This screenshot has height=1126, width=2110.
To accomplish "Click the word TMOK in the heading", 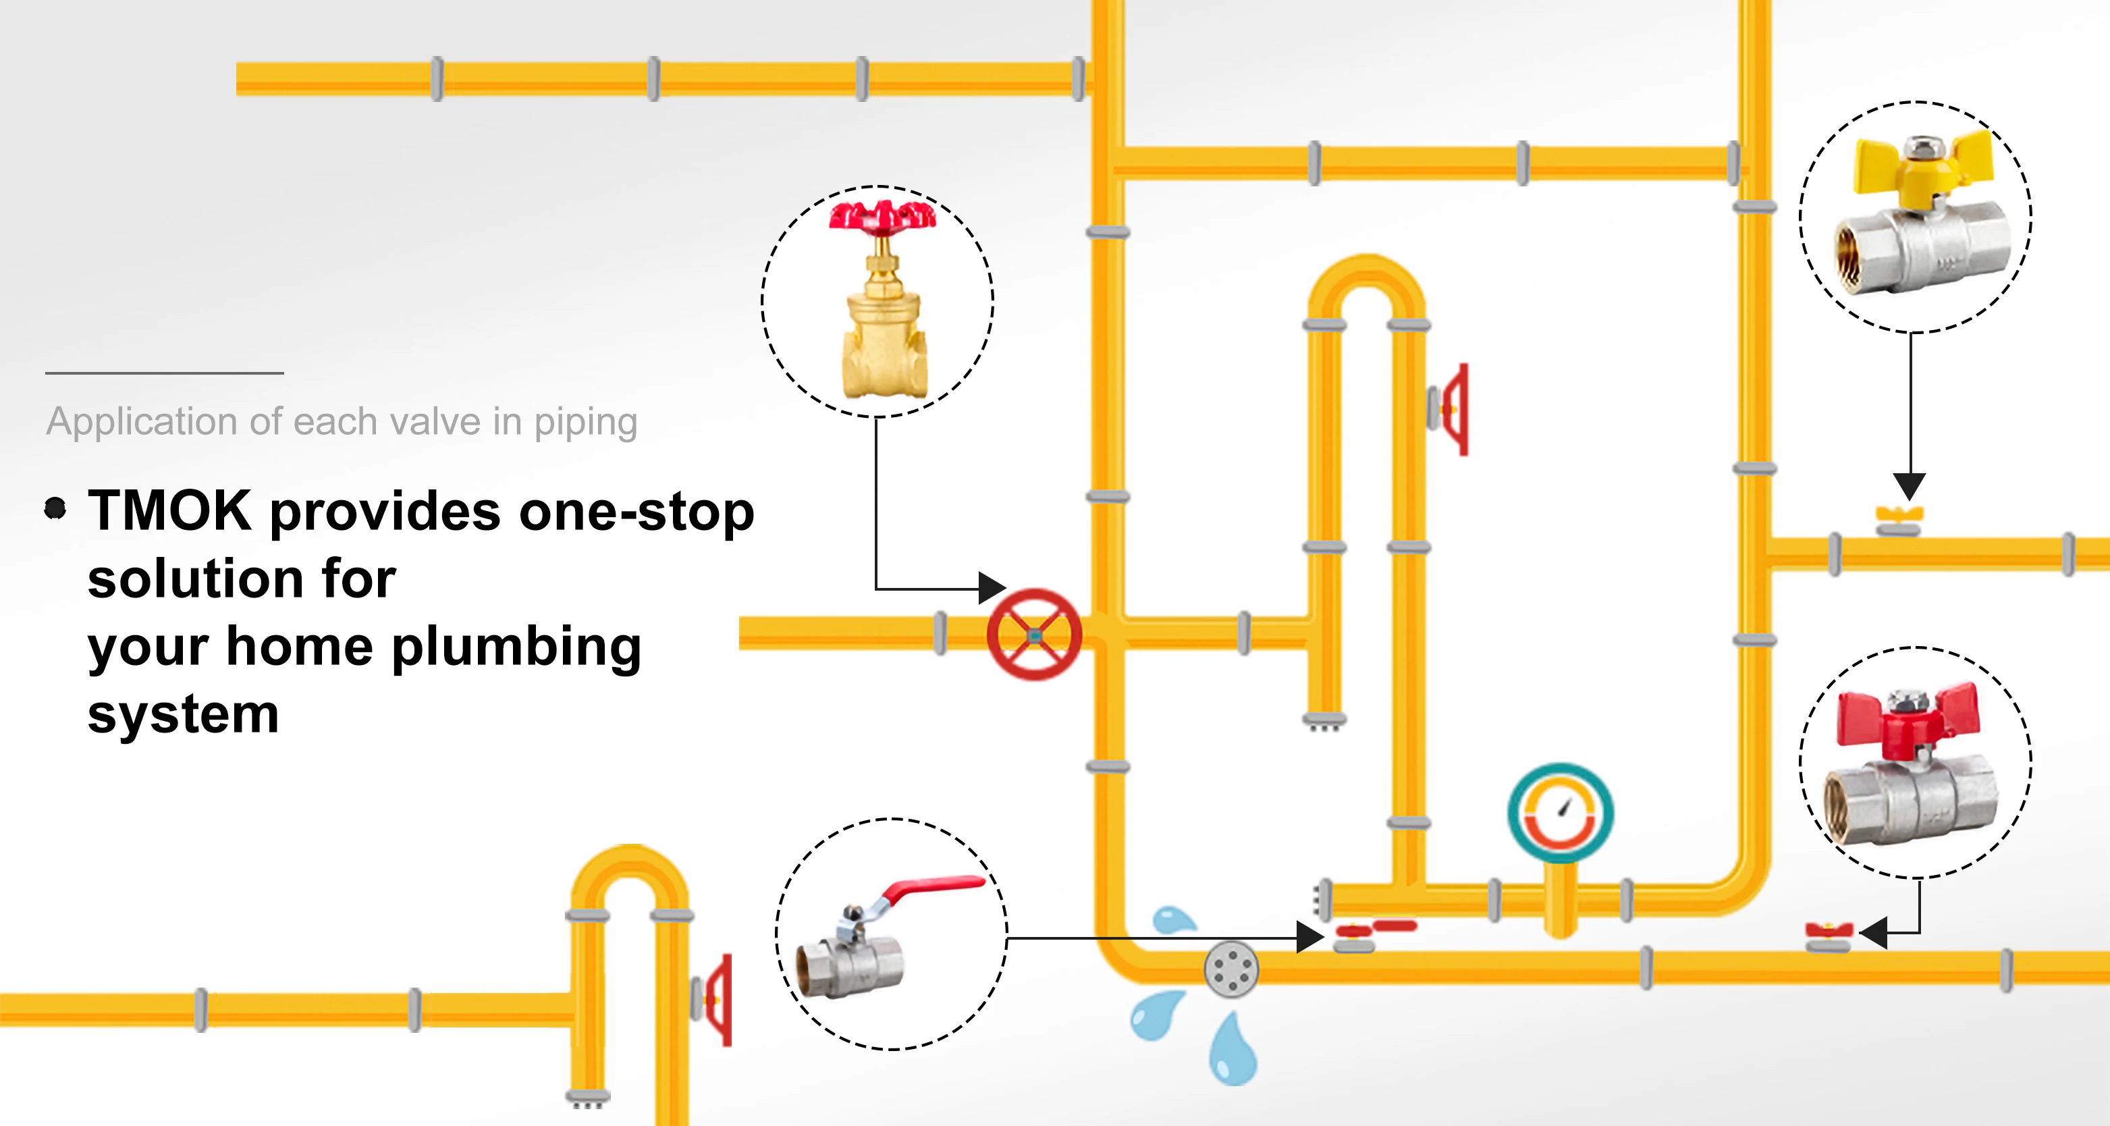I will [169, 511].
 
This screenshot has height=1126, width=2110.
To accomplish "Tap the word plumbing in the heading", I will [516, 647].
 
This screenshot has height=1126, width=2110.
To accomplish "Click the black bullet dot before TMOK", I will [55, 508].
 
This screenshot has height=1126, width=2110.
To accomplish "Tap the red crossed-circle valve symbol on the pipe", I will [1033, 635].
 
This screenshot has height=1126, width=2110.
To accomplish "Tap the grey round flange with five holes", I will [1231, 969].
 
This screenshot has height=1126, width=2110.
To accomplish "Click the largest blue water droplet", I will [1232, 1052].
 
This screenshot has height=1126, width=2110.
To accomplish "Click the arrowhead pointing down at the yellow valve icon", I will [1910, 485].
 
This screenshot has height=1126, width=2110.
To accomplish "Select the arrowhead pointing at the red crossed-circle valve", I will [992, 588].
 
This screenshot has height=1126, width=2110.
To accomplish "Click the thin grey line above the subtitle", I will [165, 373].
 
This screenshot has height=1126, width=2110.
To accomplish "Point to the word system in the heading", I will [184, 714].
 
